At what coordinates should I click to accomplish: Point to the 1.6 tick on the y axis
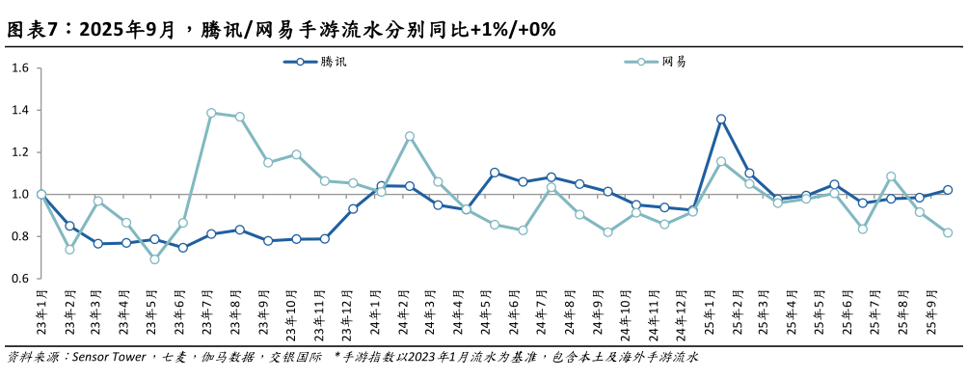coord(20,68)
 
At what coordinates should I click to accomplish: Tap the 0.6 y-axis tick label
coord(20,279)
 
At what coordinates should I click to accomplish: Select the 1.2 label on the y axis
coord(20,152)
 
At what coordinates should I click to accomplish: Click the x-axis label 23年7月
coord(208,312)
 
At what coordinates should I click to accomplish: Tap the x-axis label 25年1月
coord(716,312)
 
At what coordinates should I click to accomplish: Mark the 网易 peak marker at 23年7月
coord(211,113)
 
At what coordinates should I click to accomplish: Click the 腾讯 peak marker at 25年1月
coord(721,120)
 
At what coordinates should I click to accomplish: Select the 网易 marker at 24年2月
coord(410,136)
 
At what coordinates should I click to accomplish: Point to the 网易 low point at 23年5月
coord(154,258)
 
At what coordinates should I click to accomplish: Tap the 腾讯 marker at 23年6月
coord(182,248)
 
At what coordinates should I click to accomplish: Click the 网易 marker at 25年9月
coord(948,232)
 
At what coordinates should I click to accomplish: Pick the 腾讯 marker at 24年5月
coord(495,173)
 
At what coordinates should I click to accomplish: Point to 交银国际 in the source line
coord(296,358)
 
